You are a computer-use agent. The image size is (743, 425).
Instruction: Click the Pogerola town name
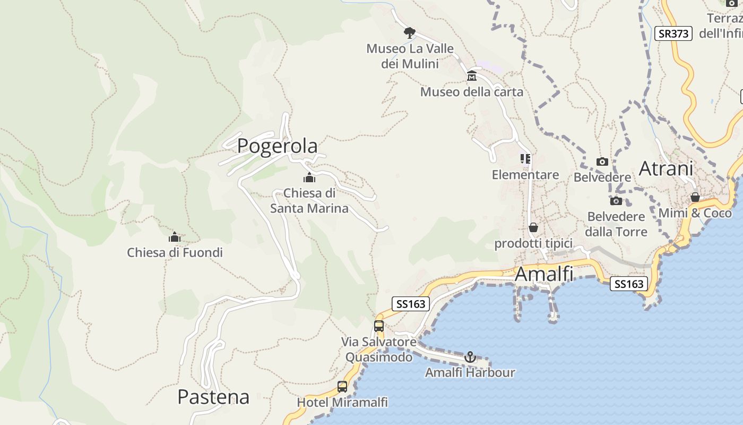(x=277, y=146)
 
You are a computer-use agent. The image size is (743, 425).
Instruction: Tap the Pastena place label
(x=213, y=397)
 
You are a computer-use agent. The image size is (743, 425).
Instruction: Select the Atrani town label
(x=666, y=168)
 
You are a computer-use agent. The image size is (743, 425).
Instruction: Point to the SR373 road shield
(x=673, y=33)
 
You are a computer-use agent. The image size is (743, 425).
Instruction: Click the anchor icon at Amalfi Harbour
(x=470, y=356)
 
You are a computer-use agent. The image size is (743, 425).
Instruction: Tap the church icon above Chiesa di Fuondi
(x=175, y=237)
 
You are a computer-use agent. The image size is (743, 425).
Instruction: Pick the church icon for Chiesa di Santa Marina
(x=309, y=177)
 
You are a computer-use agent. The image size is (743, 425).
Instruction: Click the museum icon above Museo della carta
(x=471, y=76)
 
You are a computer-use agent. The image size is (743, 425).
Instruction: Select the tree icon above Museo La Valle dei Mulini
(x=409, y=32)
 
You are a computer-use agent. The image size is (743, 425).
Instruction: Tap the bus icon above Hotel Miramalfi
(x=342, y=387)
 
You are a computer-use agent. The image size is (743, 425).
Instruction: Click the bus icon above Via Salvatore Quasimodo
(x=379, y=326)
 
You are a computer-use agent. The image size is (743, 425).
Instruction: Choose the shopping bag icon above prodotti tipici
(x=533, y=227)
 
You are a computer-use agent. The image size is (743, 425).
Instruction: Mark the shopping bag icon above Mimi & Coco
(x=695, y=198)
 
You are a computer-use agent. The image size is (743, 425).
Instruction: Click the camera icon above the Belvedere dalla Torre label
(x=616, y=201)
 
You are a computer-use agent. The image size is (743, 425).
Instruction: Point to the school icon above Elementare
(x=525, y=159)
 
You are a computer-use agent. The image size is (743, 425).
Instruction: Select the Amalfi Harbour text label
(x=470, y=372)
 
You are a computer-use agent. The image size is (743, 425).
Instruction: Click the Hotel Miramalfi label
(x=342, y=402)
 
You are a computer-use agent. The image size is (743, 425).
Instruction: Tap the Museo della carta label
(x=472, y=92)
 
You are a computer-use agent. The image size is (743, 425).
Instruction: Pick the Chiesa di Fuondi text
(x=175, y=252)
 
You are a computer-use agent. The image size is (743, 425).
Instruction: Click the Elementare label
(x=525, y=175)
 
